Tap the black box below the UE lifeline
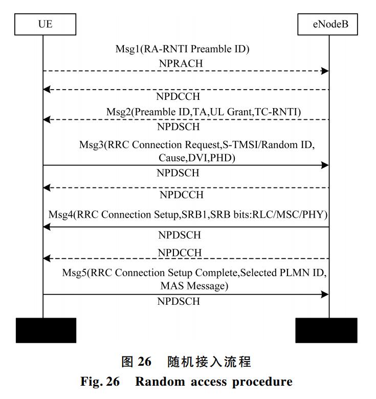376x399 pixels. [x=46, y=330]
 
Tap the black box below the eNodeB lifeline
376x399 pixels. [x=326, y=330]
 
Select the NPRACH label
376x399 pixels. [x=181, y=64]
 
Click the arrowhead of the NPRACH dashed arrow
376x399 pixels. [x=325, y=71]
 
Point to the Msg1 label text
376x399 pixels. [x=182, y=49]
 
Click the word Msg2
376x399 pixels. [x=119, y=112]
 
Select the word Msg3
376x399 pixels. [x=91, y=144]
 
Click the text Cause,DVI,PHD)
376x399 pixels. [x=197, y=158]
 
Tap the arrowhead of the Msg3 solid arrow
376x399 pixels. [x=325, y=165]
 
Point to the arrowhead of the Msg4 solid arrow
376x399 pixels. [x=47, y=227]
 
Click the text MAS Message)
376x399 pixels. [x=194, y=286]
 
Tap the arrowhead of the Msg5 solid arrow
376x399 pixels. [x=325, y=295]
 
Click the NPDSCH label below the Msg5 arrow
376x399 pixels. [x=179, y=301]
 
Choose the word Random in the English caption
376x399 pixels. [x=160, y=382]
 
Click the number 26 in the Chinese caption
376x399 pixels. [x=145, y=362]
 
